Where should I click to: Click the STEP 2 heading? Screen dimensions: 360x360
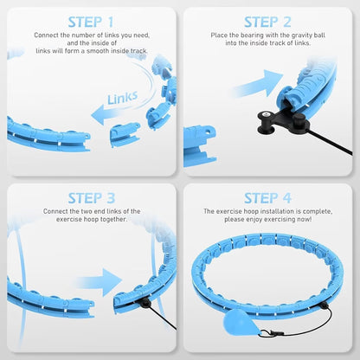pyautogui.click(x=267, y=21)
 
